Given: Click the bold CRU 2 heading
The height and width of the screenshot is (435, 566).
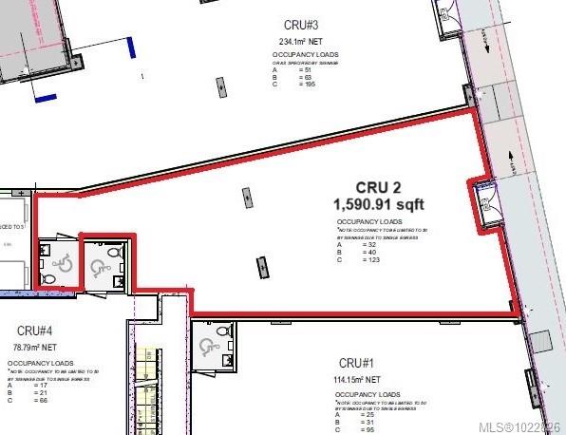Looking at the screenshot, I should pos(378,187).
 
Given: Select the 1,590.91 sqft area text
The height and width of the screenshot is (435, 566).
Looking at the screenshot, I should pos(378,203).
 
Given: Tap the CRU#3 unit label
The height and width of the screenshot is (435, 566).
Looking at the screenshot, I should pos(301,24).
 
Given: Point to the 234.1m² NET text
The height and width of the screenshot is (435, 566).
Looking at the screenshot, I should pos(301,41).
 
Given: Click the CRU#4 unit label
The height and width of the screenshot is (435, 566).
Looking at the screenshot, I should pos(34,330).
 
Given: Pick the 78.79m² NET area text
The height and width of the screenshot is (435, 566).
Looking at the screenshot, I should pos(35,347).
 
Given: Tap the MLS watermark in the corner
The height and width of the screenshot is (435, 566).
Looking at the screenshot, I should pos(520,426).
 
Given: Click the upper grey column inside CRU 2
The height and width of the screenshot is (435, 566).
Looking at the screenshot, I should pos(246,197).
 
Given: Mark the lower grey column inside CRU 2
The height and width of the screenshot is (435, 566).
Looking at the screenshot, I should pos(260,269).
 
